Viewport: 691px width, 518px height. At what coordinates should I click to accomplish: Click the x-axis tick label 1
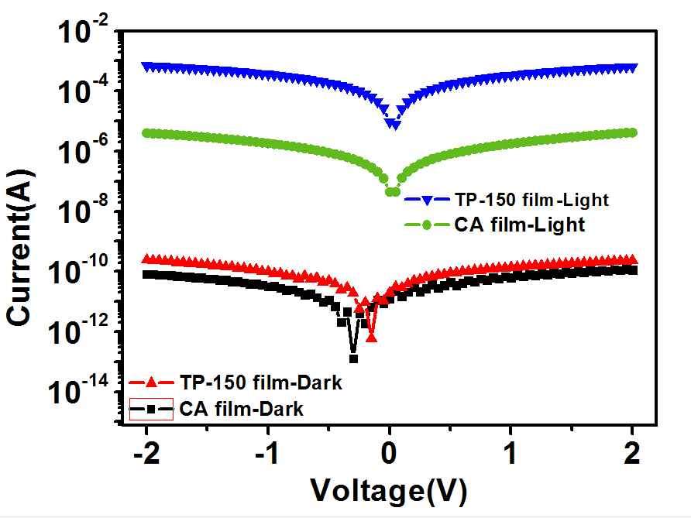(511, 455)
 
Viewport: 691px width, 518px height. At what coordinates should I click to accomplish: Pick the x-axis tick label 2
(632, 455)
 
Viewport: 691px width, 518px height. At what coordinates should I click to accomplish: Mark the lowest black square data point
(353, 358)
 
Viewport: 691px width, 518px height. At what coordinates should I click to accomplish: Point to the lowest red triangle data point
(372, 337)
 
